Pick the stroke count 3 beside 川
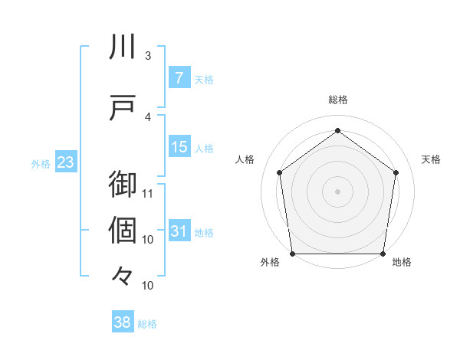point(147,56)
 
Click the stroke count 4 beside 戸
point(147,117)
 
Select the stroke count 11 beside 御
point(149,193)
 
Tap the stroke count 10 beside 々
point(149,286)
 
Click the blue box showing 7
point(179,78)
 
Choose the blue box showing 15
point(179,147)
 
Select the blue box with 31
point(179,231)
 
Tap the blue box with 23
point(65,162)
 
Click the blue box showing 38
point(123,323)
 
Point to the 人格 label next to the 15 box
point(204,148)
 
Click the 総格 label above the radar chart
point(338,100)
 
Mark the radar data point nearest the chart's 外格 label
point(292,254)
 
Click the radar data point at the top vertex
point(337,131)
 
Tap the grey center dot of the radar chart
point(337,191)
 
